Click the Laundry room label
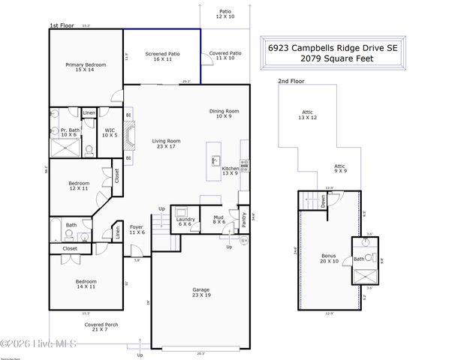186,219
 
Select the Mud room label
218,219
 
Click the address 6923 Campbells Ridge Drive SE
333,46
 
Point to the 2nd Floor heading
292,80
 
